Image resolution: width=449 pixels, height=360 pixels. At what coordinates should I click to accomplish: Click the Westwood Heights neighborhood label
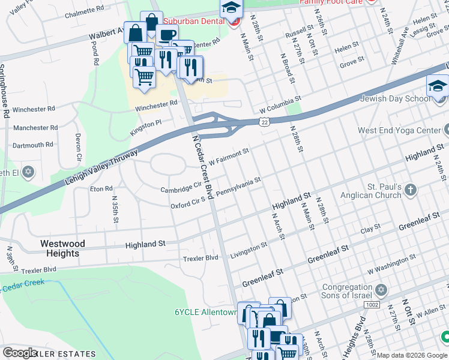(62, 248)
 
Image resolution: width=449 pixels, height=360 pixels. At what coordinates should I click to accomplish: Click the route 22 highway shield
(264, 122)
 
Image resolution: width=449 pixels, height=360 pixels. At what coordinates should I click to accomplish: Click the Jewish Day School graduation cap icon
(438, 87)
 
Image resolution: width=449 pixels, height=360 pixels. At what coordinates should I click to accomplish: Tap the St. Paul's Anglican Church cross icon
(411, 191)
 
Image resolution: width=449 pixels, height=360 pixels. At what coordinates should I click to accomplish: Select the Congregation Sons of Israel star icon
(379, 292)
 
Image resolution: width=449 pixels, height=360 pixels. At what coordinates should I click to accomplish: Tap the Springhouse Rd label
(5, 91)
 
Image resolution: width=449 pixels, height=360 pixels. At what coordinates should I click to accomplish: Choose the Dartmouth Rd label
(33, 145)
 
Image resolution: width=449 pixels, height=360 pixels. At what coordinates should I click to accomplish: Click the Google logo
(20, 353)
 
